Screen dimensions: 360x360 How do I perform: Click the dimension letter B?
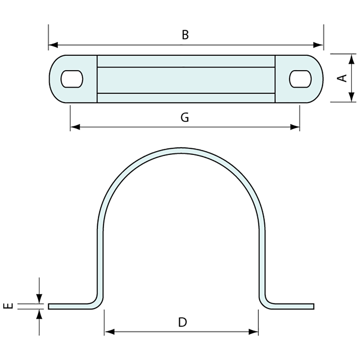coord(185,35)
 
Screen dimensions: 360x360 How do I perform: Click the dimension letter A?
coord(342,78)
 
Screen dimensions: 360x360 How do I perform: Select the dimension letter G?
coord(185,117)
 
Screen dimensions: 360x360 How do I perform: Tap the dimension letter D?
coord(182,322)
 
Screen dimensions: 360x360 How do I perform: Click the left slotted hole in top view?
coord(72,79)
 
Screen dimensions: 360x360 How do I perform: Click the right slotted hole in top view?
coord(300,79)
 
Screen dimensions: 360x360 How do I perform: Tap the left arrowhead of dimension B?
coord(53,44)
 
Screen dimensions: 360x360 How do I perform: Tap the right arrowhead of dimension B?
coord(318,44)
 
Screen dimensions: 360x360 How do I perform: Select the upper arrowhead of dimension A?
coord(351,59)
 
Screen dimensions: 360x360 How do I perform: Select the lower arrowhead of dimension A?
coord(351,97)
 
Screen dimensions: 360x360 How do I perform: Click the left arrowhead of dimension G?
coord(75,127)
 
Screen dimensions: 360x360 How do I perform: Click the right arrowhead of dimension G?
coord(295,127)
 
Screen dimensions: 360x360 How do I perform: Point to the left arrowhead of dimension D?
coord(109,332)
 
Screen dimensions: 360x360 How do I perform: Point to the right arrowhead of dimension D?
coord(253,332)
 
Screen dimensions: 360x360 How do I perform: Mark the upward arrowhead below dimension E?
coord(39,314)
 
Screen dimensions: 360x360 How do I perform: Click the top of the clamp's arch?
coord(182,150)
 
